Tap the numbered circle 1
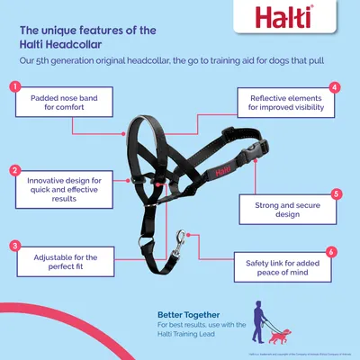point(15,87)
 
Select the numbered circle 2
point(15,169)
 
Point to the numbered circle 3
point(15,245)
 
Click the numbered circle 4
point(336,87)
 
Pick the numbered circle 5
point(336,193)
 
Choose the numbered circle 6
point(332,252)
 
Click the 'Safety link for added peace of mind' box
point(282,269)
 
